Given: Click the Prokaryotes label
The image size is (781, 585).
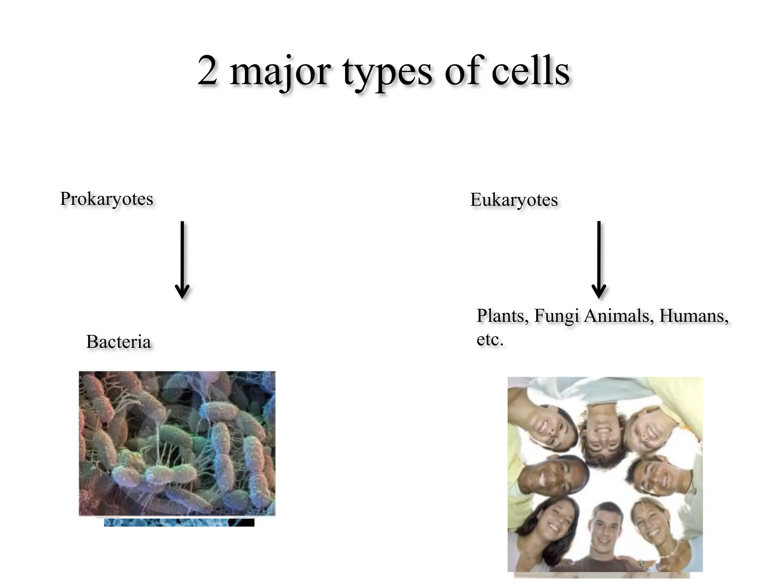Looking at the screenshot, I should [106, 199].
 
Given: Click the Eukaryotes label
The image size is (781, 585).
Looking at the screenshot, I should [514, 200].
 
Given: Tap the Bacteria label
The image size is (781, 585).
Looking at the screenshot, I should [119, 342].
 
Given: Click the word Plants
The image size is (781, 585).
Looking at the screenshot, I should [502, 316].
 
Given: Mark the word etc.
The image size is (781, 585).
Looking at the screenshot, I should [490, 339].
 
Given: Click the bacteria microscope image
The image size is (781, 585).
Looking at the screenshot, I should [177, 443].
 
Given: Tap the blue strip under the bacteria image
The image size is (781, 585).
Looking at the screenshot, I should [179, 523].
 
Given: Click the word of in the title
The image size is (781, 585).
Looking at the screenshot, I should [461, 72].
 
